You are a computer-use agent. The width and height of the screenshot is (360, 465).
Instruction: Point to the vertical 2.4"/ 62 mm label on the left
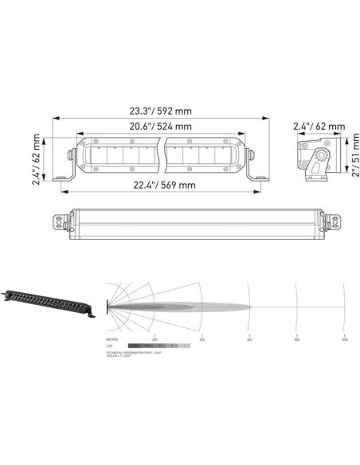click(x=37, y=157)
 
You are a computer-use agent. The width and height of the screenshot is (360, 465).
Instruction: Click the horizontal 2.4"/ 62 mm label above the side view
click(x=319, y=127)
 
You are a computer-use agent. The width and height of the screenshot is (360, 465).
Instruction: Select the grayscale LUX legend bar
click(x=159, y=346)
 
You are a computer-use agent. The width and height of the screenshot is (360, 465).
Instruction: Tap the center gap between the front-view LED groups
click(x=162, y=156)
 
